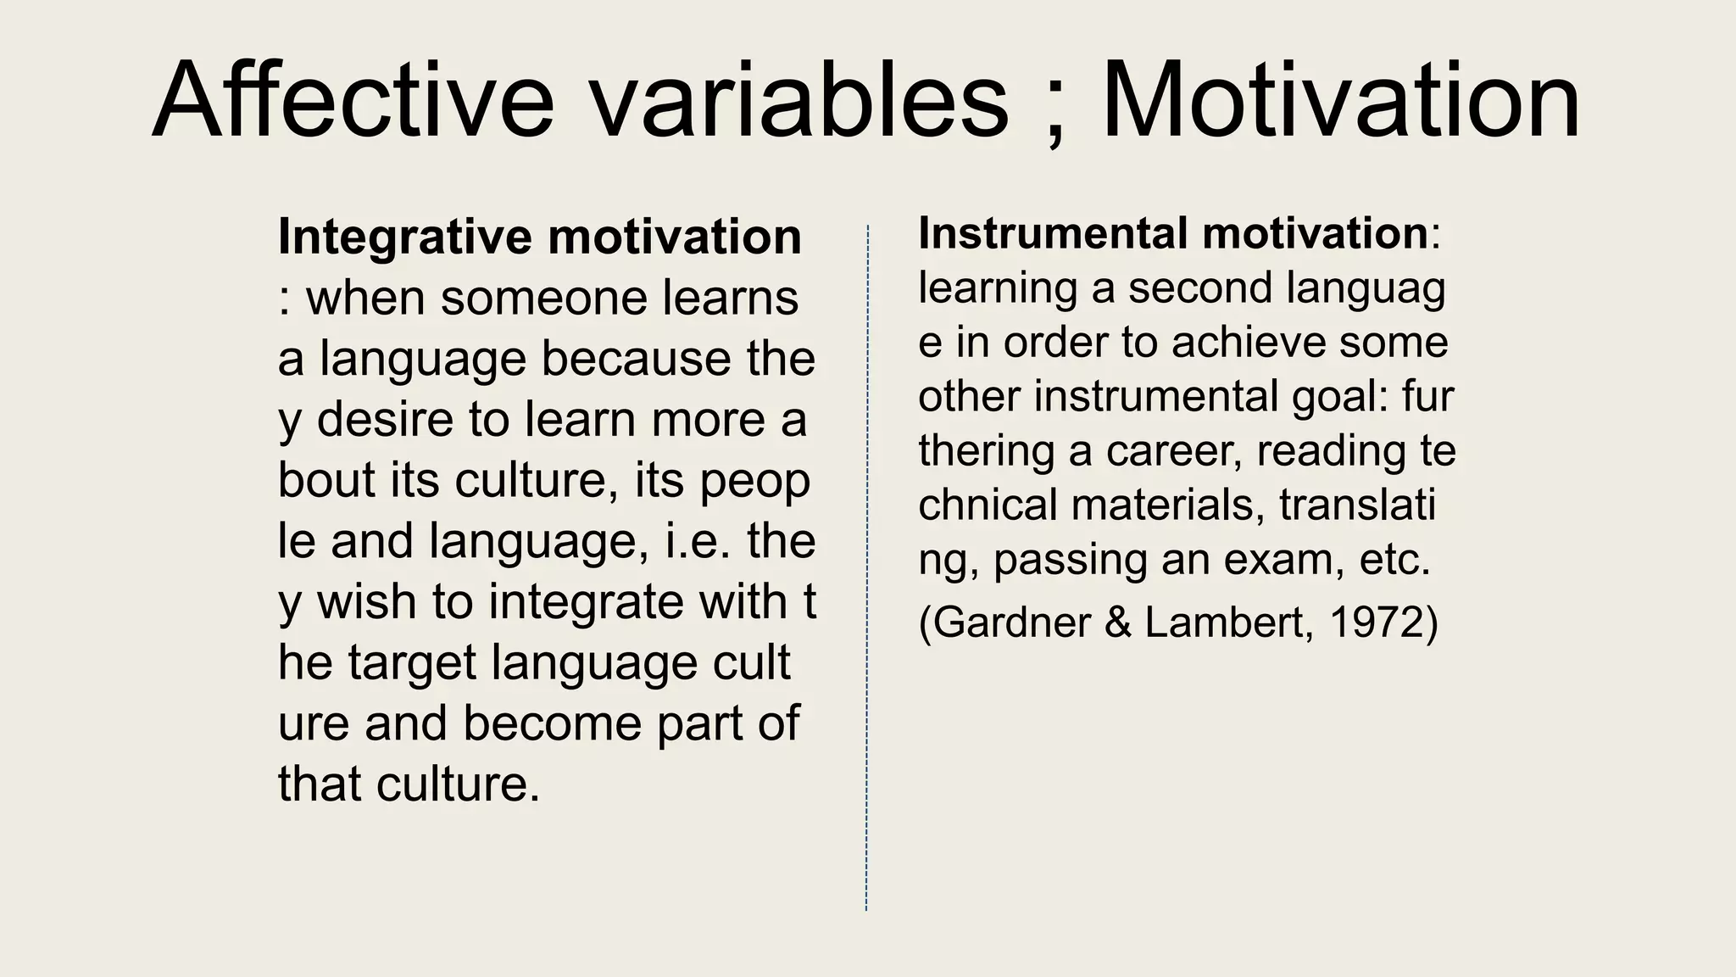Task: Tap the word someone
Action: tap(543, 299)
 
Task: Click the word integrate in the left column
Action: tap(586, 602)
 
